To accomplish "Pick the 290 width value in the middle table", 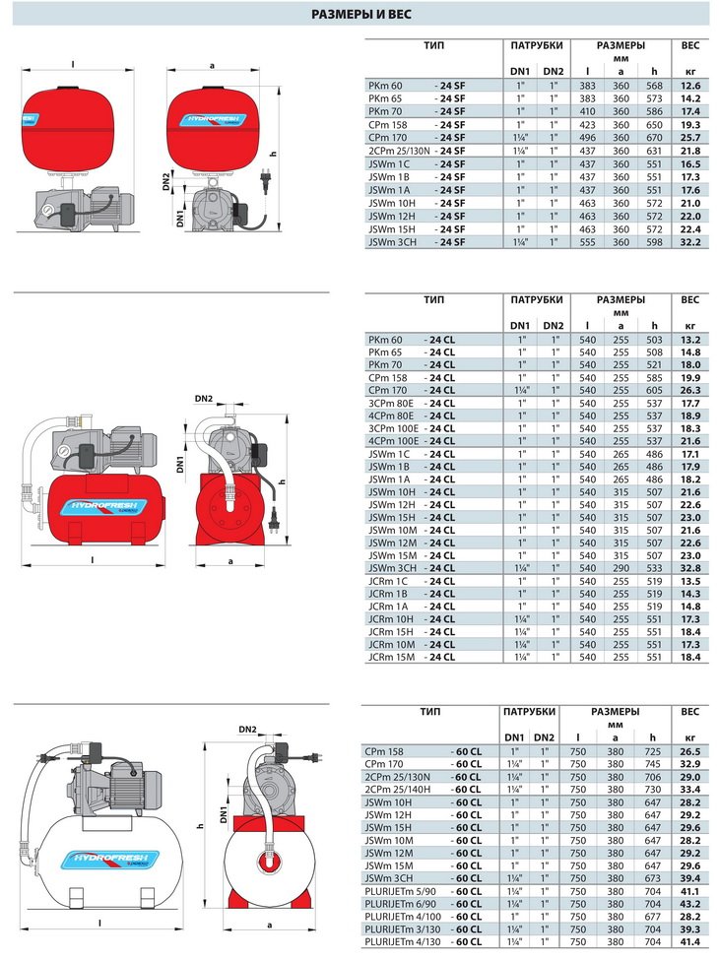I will tap(621, 568).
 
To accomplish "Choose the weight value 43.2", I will tap(689, 903).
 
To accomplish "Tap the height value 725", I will tap(652, 750).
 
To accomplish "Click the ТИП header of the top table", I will tap(434, 45).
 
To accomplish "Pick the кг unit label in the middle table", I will tap(689, 325).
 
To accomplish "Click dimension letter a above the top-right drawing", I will tap(213, 66).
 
